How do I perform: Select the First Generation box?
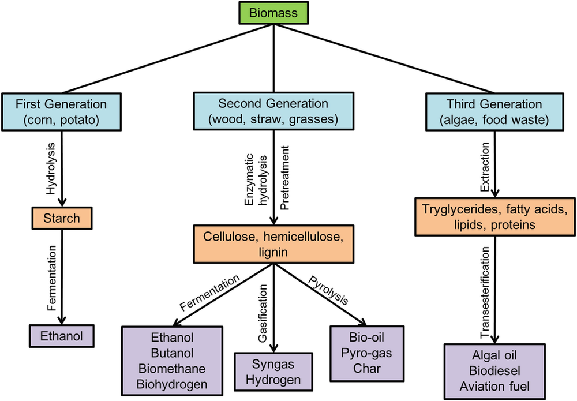click(62, 112)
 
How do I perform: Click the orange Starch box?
click(61, 219)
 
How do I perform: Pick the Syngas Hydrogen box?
click(276, 372)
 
